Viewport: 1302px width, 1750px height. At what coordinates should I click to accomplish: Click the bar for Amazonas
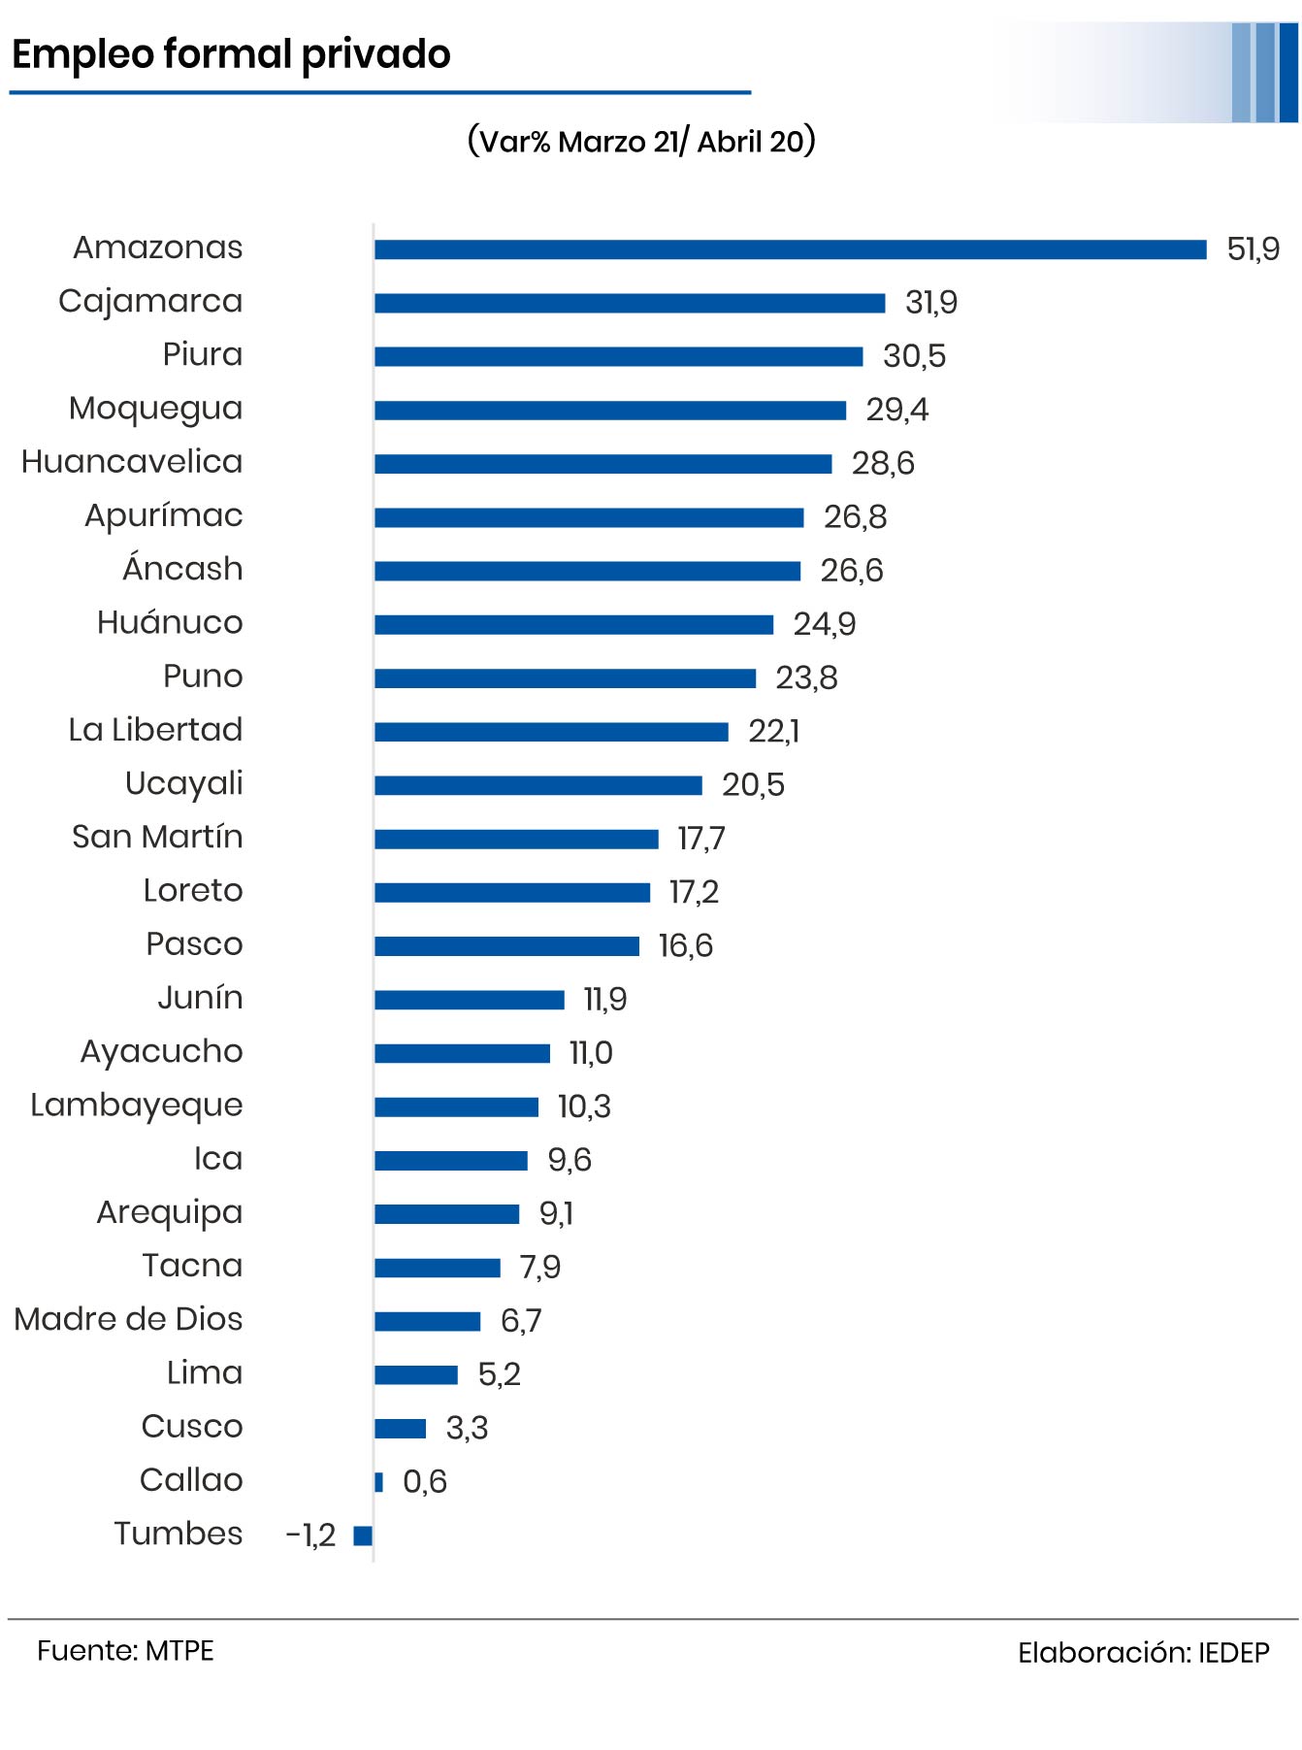(790, 249)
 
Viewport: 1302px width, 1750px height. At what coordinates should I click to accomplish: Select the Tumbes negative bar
(363, 1535)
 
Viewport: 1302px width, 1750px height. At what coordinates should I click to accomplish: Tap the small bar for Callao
(379, 1481)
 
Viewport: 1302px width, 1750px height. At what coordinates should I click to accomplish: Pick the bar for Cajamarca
(630, 303)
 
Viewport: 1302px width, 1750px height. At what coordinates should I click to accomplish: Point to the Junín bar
(470, 1000)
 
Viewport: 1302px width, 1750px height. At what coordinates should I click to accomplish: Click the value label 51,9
(1253, 249)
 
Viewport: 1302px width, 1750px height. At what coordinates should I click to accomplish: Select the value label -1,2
(310, 1535)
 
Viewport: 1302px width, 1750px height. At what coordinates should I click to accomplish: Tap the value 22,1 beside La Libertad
(773, 731)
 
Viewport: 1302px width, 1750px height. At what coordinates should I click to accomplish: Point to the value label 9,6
(569, 1160)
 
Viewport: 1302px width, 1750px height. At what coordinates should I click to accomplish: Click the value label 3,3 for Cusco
(467, 1428)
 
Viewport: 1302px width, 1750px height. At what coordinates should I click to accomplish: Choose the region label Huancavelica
(132, 462)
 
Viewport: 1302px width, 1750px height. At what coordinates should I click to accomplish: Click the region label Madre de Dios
(128, 1319)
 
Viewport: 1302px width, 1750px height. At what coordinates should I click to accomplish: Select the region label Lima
(205, 1372)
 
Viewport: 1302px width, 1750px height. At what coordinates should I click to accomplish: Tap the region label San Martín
(157, 837)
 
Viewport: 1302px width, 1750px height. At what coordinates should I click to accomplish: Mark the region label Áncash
(182, 569)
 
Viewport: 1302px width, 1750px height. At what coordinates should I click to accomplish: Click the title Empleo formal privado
(231, 54)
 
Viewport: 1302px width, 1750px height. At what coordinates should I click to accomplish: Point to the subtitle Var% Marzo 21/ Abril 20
(641, 142)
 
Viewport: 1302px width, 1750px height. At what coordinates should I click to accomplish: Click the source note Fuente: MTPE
(125, 1651)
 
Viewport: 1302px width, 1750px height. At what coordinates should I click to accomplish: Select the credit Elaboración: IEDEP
(1143, 1653)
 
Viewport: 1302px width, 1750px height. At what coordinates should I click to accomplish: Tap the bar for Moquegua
(610, 411)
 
